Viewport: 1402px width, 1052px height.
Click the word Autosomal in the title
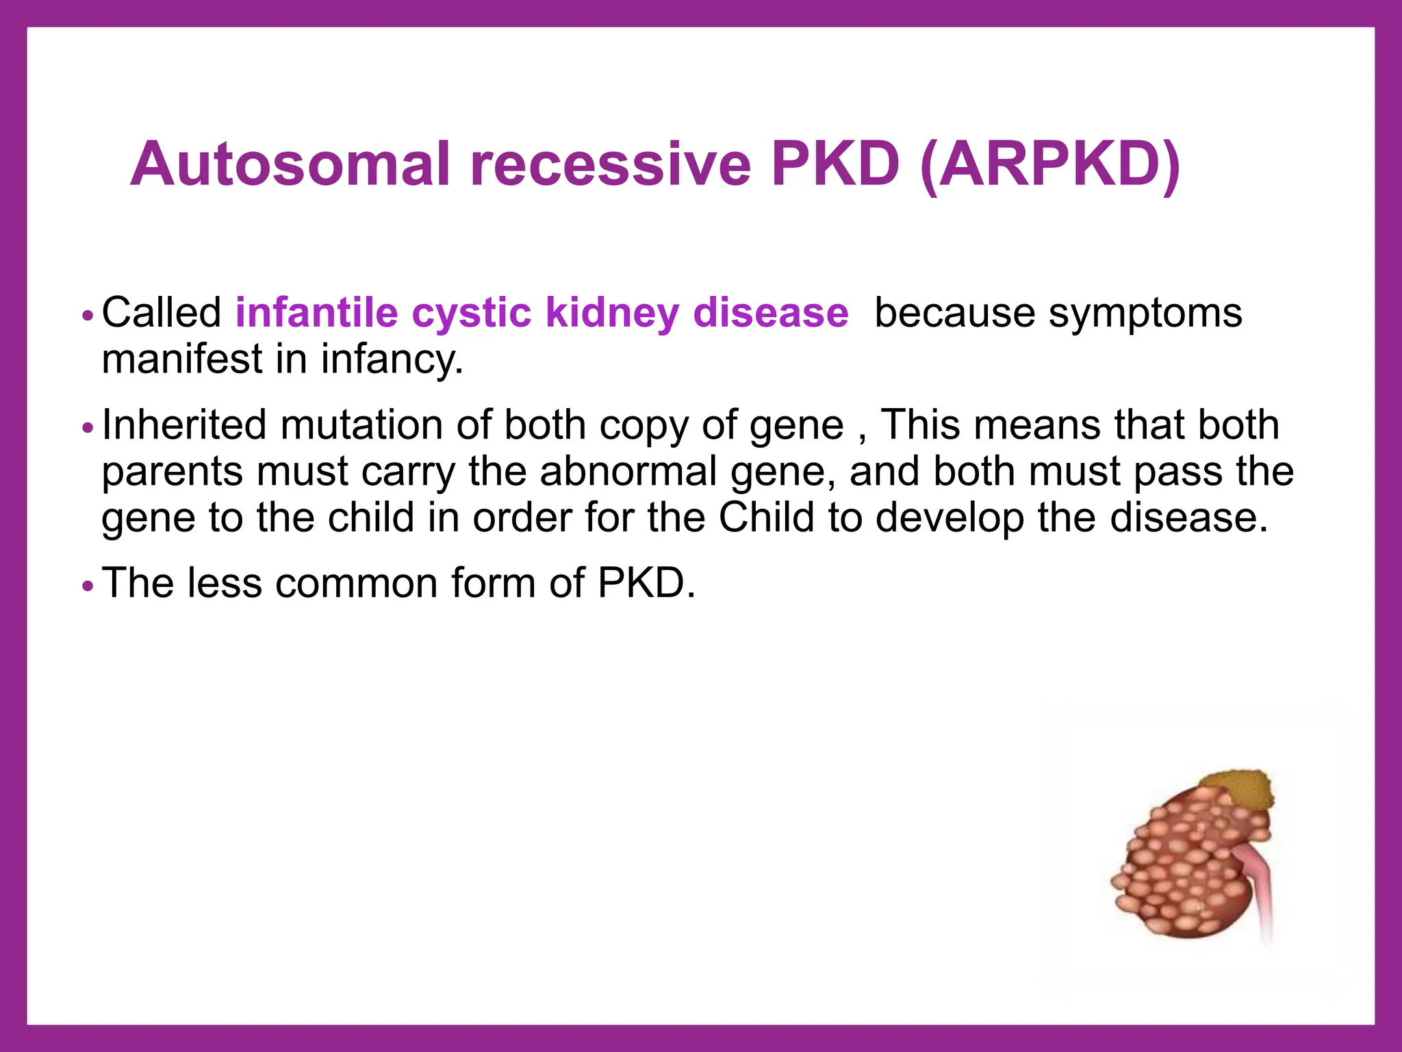pyautogui.click(x=290, y=164)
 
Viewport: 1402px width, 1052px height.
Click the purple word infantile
pyautogui.click(x=316, y=313)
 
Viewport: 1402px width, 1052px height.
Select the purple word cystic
pyautogui.click(x=471, y=314)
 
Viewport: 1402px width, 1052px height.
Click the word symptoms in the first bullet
pyautogui.click(x=1145, y=314)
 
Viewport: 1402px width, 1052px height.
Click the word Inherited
pyautogui.click(x=183, y=425)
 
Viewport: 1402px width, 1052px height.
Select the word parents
pyautogui.click(x=173, y=473)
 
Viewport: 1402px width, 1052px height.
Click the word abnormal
pyautogui.click(x=628, y=471)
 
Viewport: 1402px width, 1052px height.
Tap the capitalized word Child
pyautogui.click(x=766, y=517)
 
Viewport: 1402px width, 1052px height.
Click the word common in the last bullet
pyautogui.click(x=357, y=584)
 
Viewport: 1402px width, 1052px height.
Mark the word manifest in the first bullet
pyautogui.click(x=182, y=360)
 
